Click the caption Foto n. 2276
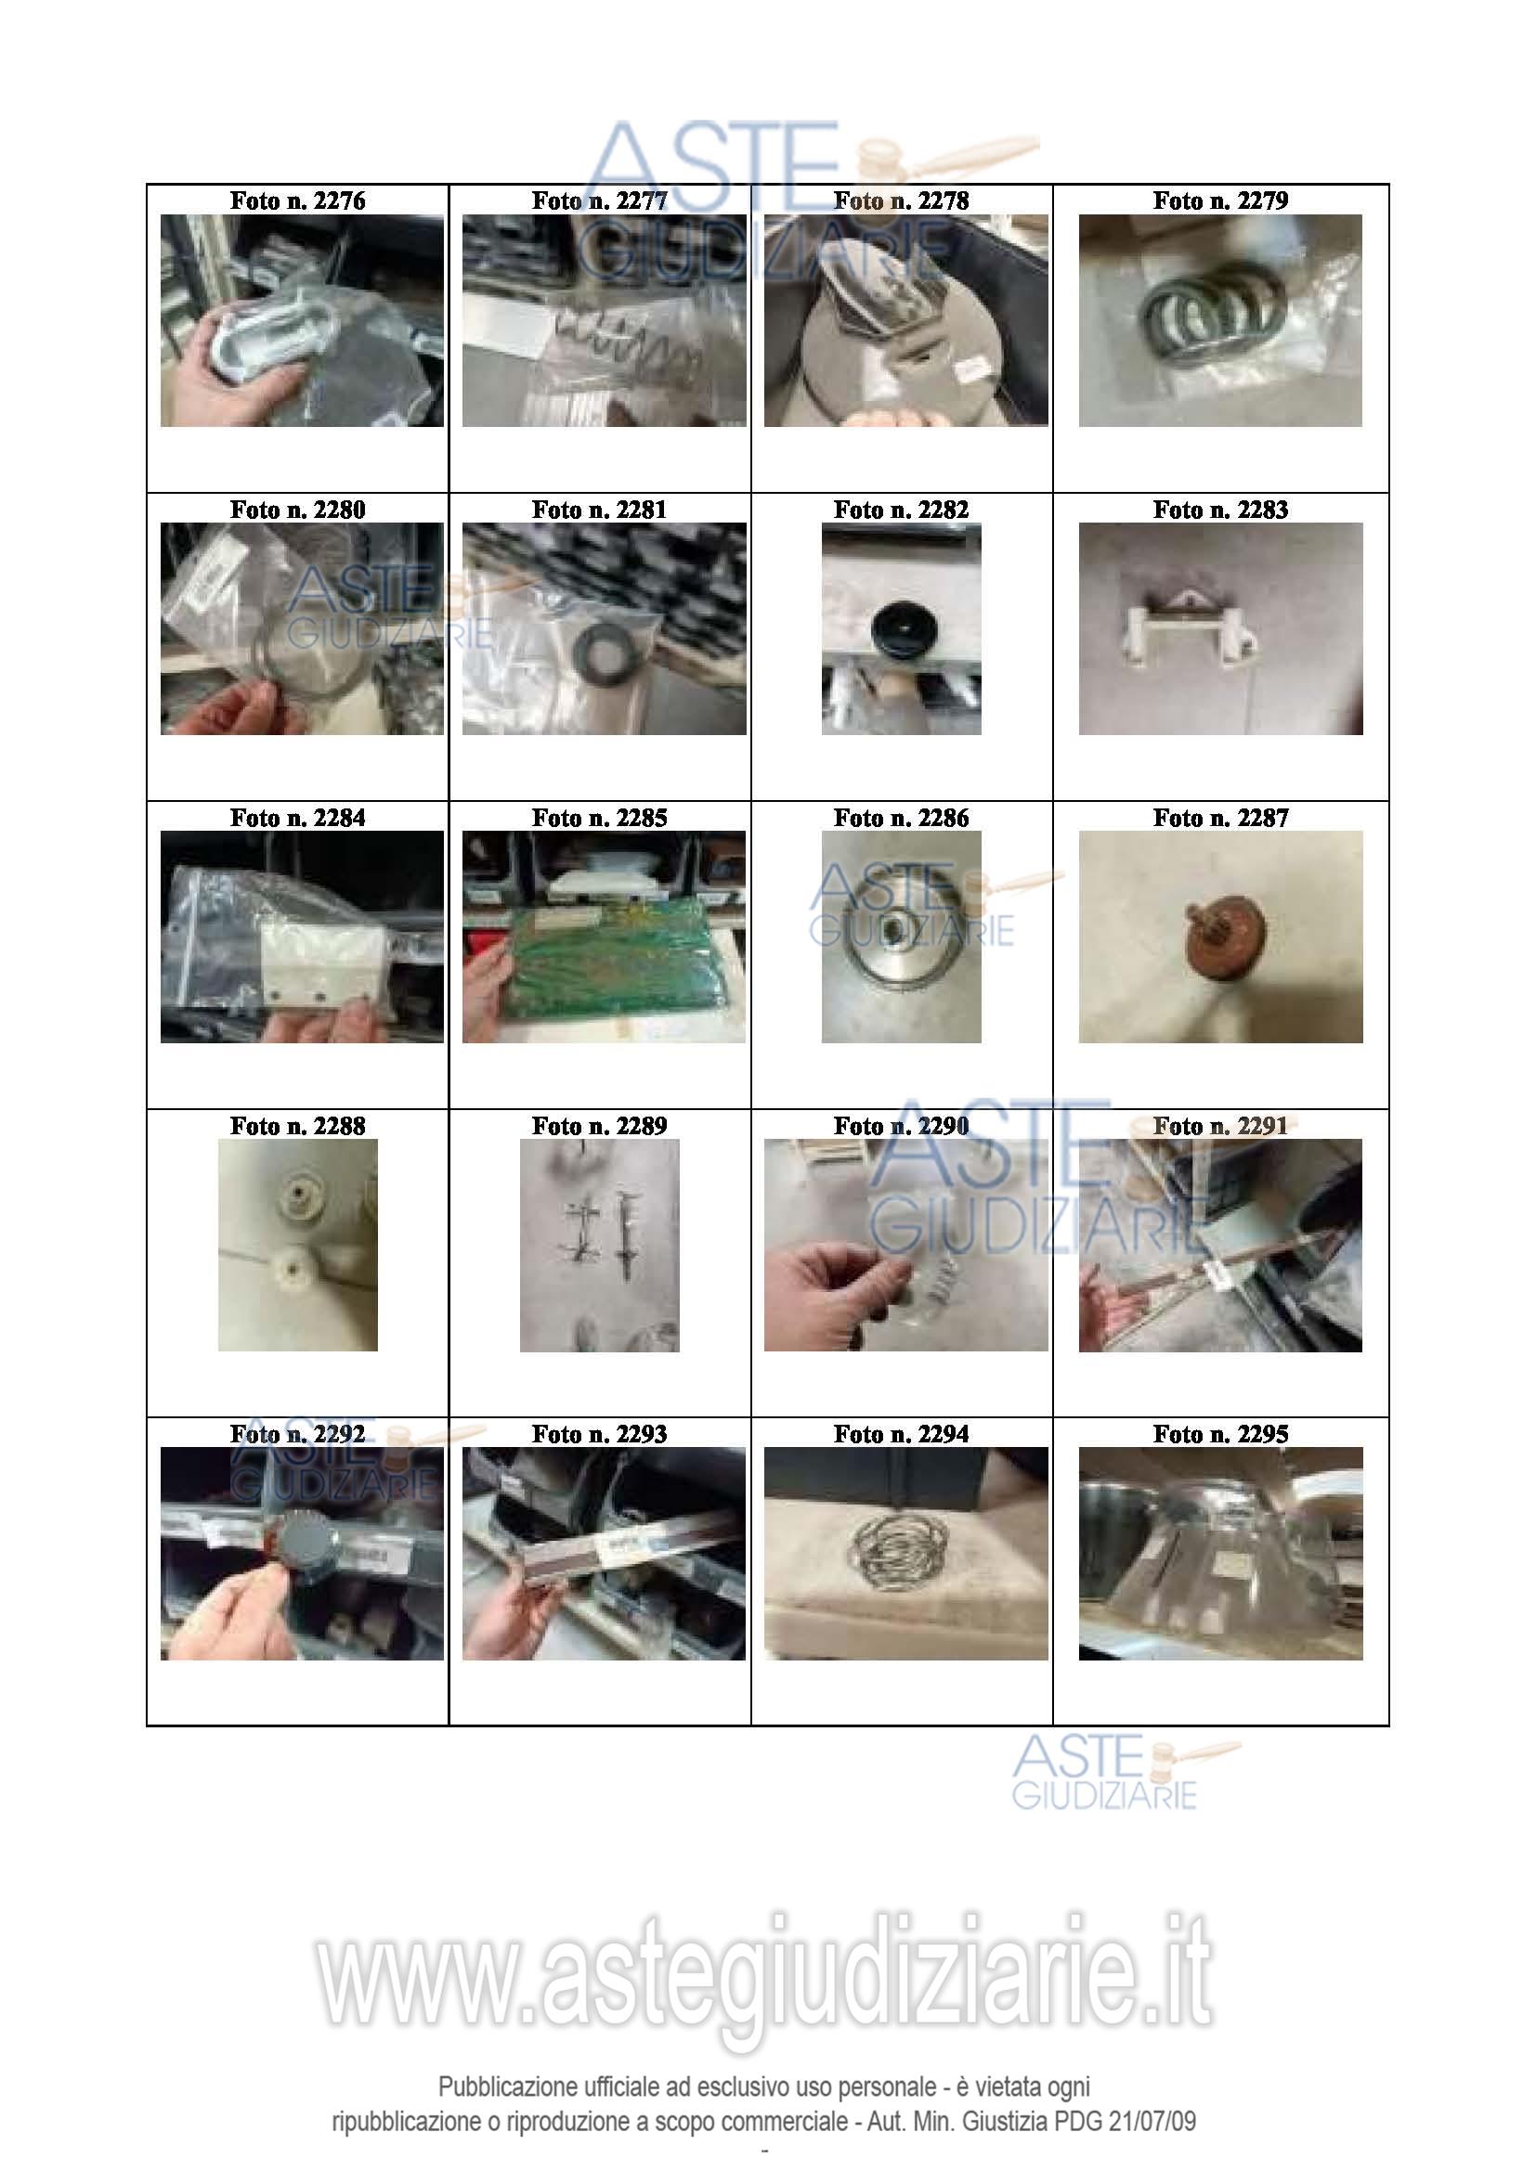click(297, 200)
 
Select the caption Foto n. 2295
click(1220, 1434)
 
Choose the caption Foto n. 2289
click(599, 1126)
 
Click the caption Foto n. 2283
click(1220, 510)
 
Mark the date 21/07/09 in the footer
click(1152, 2121)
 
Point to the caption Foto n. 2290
click(901, 1126)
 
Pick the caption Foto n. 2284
click(297, 818)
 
